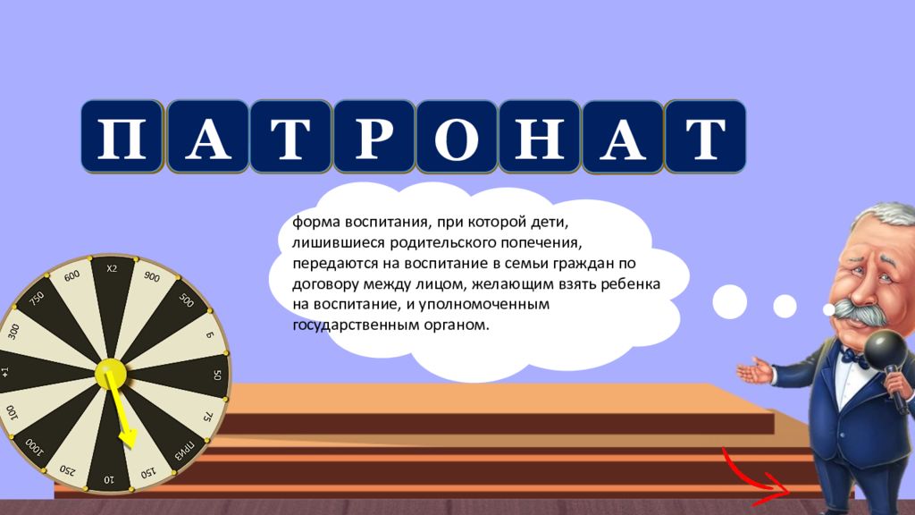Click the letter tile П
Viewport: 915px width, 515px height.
(x=122, y=137)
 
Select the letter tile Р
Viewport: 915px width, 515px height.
(x=374, y=137)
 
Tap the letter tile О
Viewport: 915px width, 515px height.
(x=457, y=137)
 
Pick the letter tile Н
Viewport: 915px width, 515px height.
(x=540, y=137)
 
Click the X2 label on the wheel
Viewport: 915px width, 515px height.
(x=112, y=268)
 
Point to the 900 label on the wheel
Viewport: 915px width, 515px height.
(x=152, y=277)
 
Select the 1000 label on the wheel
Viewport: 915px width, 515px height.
(x=34, y=447)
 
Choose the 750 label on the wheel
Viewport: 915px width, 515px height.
(x=37, y=299)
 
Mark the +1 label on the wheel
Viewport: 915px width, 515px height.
(x=5, y=372)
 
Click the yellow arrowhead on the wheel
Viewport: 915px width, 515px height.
(x=128, y=438)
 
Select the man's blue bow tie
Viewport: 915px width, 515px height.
(x=855, y=356)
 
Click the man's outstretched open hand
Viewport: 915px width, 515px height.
(x=756, y=371)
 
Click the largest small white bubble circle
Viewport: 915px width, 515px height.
(x=729, y=302)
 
